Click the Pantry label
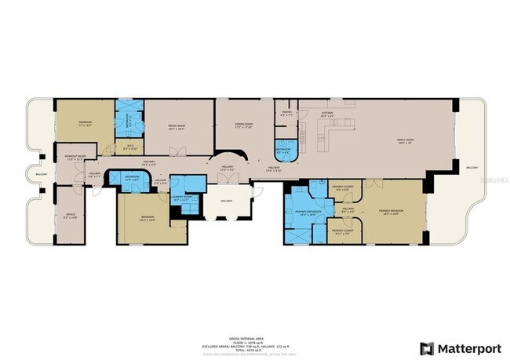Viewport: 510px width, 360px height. tap(287, 114)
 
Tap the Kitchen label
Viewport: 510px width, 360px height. tap(327, 114)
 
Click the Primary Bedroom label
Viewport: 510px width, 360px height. tap(391, 211)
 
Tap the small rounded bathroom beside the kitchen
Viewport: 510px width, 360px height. tap(284, 151)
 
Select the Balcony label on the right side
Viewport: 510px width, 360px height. tap(472, 168)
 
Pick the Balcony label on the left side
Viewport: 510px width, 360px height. tap(42, 174)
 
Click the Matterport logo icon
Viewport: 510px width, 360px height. tap(427, 348)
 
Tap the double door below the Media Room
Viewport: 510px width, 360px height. tap(180, 151)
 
